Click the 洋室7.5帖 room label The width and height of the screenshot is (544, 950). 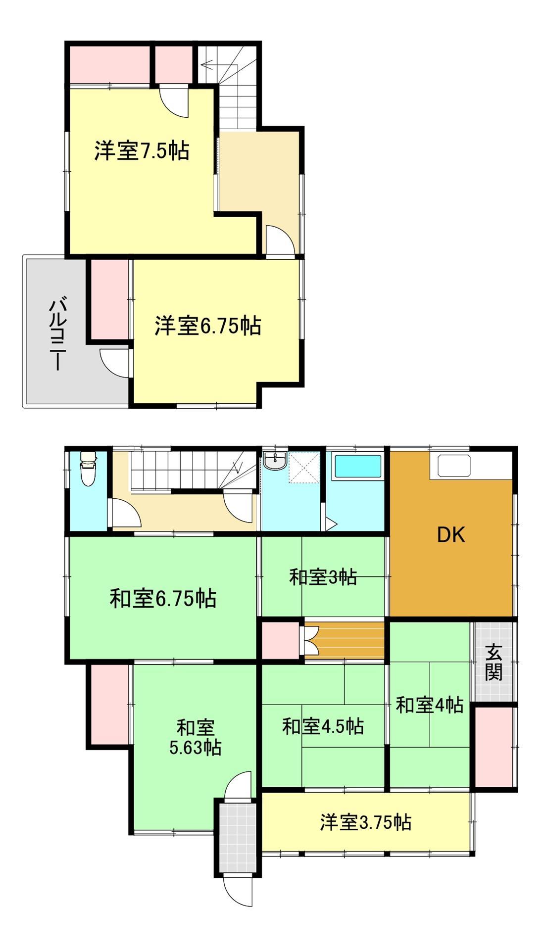coord(142,151)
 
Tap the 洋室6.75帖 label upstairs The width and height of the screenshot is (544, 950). coord(208,326)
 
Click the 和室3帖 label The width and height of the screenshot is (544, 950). coord(323,577)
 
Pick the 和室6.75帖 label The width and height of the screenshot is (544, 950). coord(163,599)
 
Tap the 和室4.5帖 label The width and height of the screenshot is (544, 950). coord(323,726)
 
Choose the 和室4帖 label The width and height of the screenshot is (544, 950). coord(429,705)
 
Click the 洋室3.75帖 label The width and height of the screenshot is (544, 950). coord(365,822)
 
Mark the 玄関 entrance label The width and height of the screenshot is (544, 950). coord(493,662)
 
